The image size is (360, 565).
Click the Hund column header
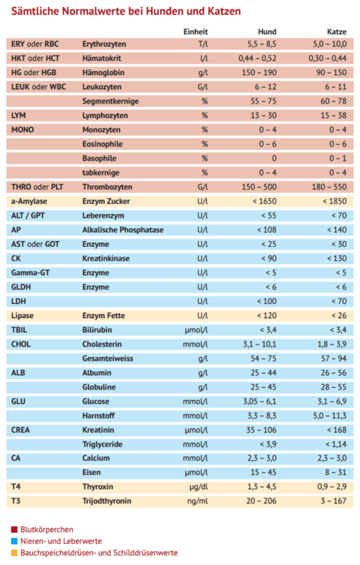[267, 32]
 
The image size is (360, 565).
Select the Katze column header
[337, 32]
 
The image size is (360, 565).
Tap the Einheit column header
[196, 32]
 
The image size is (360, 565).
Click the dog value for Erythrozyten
[262, 44]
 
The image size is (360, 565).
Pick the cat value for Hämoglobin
[331, 73]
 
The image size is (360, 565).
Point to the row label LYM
[18, 116]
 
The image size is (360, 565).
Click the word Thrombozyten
[107, 187]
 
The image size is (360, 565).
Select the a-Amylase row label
[29, 201]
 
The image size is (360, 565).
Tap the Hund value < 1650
[265, 201]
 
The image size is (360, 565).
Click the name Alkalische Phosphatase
[123, 230]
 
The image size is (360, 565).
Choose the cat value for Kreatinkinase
[337, 258]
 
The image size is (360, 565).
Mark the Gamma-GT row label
[30, 273]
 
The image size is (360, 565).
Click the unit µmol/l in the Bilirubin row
[196, 330]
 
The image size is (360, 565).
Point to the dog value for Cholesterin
[259, 344]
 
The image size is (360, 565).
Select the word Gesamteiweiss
[108, 359]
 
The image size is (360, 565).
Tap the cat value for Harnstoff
[330, 416]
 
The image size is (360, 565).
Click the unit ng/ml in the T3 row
[197, 501]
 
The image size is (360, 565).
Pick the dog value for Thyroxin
[262, 487]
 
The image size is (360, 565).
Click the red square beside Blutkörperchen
[14, 530]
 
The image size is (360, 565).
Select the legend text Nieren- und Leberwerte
[61, 541]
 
